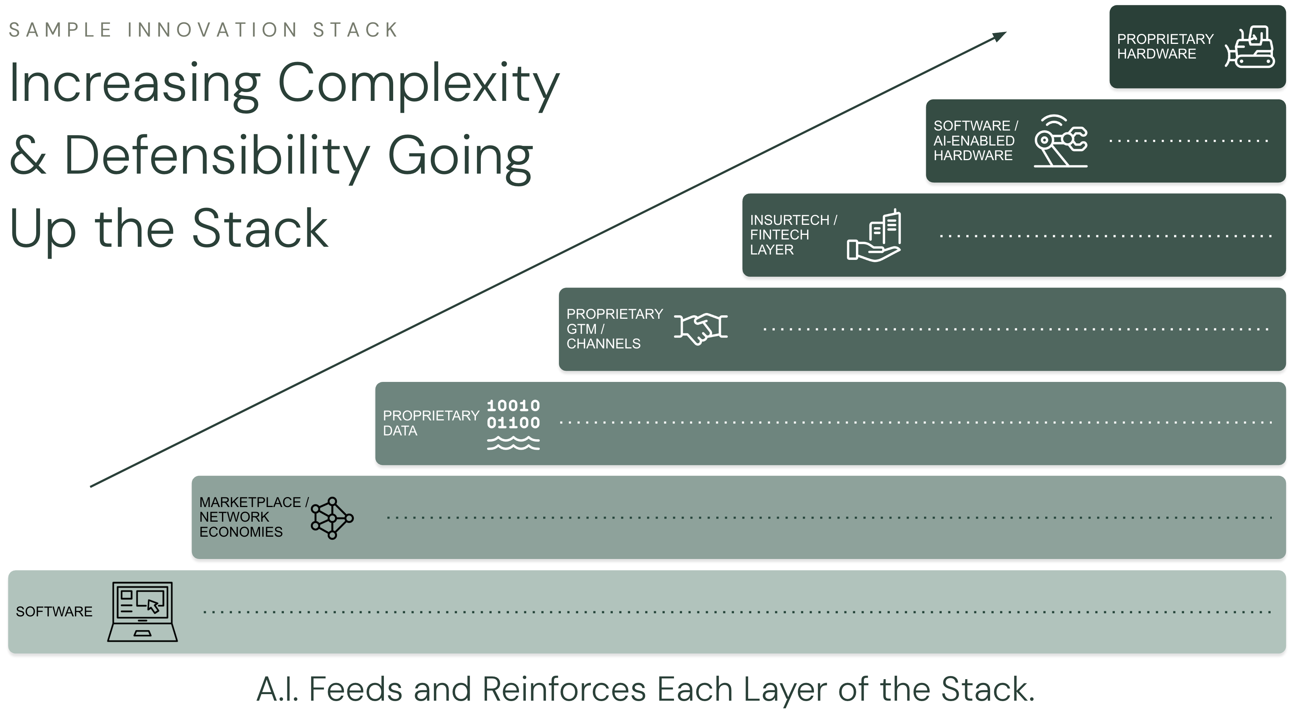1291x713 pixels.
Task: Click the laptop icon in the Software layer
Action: point(142,611)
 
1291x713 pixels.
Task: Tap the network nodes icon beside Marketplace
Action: point(332,518)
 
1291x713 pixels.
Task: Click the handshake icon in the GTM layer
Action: point(701,329)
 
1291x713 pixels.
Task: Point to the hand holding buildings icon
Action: point(874,235)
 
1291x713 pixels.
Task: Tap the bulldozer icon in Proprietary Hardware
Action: point(1249,47)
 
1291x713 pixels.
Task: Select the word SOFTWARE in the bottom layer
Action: point(54,612)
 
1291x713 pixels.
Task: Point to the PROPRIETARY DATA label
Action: point(430,423)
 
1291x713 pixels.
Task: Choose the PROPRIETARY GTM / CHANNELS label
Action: point(614,329)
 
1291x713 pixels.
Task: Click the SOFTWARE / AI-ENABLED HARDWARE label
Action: point(975,141)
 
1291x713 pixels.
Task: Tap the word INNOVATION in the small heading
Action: point(212,30)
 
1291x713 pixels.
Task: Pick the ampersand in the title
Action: point(28,156)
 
